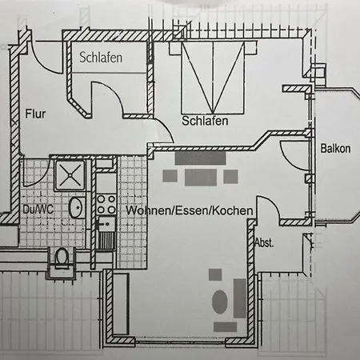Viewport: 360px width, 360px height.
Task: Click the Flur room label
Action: [x=35, y=114]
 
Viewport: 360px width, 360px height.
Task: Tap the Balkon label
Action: [x=335, y=149]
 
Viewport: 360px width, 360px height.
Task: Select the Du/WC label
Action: [x=38, y=210]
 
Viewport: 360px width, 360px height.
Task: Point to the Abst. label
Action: [x=264, y=242]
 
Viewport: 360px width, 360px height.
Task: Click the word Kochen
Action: [x=233, y=210]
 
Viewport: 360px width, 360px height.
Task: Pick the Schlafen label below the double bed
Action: [x=205, y=121]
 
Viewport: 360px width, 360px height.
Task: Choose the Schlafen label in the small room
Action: [x=101, y=58]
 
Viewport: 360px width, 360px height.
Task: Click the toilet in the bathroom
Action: [x=62, y=258]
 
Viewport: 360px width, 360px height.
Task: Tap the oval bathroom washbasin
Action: [x=76, y=207]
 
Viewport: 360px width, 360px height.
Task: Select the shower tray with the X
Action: [x=70, y=175]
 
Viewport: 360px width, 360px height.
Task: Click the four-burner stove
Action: [x=106, y=204]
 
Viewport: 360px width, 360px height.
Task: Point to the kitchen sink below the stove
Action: [x=106, y=232]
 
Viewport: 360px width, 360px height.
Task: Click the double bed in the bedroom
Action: [x=213, y=78]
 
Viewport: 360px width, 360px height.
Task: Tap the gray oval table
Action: [x=220, y=302]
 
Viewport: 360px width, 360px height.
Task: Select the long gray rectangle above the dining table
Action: [x=200, y=158]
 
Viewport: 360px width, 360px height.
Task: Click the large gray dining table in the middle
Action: [x=201, y=178]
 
